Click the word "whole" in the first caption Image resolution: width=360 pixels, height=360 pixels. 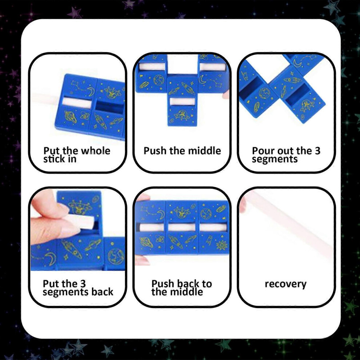[x=95, y=151]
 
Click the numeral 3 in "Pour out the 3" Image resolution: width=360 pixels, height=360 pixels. [x=317, y=151]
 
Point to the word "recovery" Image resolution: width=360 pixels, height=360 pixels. [x=285, y=284]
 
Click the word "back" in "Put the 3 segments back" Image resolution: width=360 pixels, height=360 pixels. [x=104, y=292]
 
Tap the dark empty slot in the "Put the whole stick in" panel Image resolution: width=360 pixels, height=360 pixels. [x=109, y=107]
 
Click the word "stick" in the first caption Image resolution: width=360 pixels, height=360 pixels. [x=55, y=159]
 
